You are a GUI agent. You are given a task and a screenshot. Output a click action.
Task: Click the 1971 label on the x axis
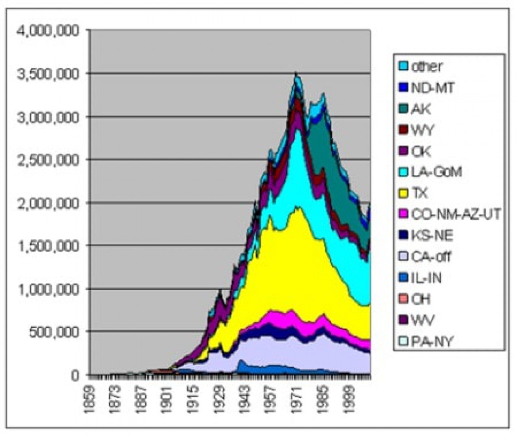tap(297, 399)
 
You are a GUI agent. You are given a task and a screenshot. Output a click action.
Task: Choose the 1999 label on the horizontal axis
tap(349, 399)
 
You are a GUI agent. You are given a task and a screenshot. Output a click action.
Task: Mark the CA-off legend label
tap(430, 257)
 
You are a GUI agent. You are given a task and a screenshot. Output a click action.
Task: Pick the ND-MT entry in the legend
tap(431, 88)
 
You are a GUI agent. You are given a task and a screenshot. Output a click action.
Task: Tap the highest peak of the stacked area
tap(296, 73)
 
